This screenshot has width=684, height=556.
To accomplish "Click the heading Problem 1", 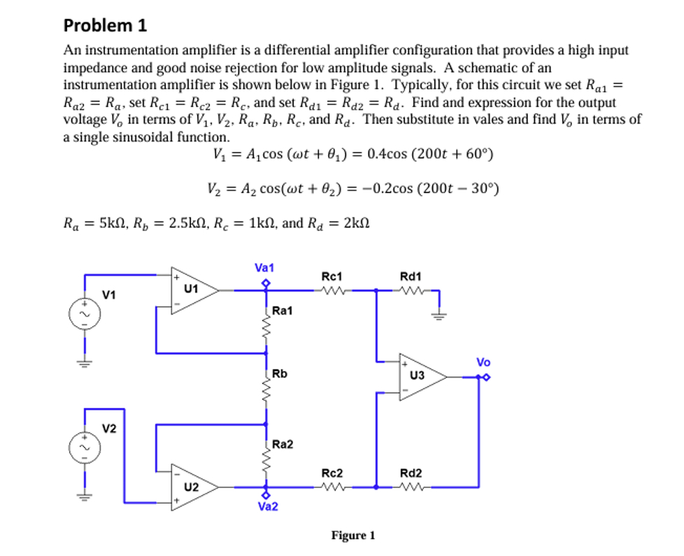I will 105,26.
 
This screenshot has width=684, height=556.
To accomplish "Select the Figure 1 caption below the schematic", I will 353,536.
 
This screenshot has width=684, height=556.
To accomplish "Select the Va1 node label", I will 264,268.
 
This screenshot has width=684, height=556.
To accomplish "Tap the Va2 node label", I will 267,506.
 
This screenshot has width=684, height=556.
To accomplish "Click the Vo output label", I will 483,362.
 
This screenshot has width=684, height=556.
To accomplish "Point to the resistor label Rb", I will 280,373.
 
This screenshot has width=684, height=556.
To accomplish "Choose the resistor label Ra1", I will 283,310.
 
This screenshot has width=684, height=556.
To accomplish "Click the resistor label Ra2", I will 283,444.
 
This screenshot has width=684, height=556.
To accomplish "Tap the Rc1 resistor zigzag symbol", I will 330,290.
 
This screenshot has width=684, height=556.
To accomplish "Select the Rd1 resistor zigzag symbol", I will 409,290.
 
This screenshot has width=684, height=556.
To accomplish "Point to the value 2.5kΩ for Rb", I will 192,223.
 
